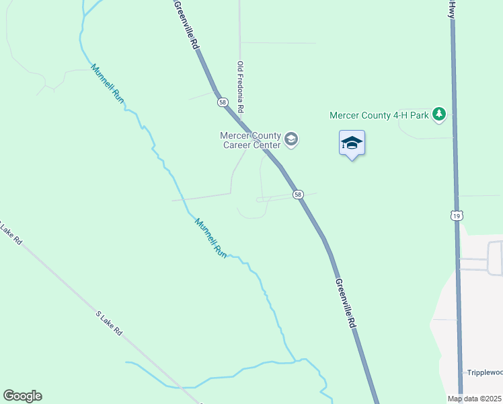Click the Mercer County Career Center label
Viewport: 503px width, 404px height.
[250, 140]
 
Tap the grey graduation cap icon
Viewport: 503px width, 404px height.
[291, 139]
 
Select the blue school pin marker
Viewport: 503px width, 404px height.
[352, 143]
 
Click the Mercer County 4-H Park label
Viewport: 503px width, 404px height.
[379, 115]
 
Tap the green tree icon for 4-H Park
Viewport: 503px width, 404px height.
[439, 114]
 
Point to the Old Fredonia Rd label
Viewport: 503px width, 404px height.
[240, 88]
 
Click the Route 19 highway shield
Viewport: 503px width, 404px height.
[457, 215]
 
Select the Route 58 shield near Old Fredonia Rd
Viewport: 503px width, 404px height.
[223, 102]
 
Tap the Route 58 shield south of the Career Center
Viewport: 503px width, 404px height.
[298, 195]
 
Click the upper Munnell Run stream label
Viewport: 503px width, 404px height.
[108, 83]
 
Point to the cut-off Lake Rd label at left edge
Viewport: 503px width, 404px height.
[9, 234]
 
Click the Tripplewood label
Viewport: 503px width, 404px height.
[484, 372]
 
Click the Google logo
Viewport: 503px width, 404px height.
[22, 396]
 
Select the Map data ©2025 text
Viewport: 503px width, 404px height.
[475, 399]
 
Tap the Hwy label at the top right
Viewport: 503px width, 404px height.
[452, 9]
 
